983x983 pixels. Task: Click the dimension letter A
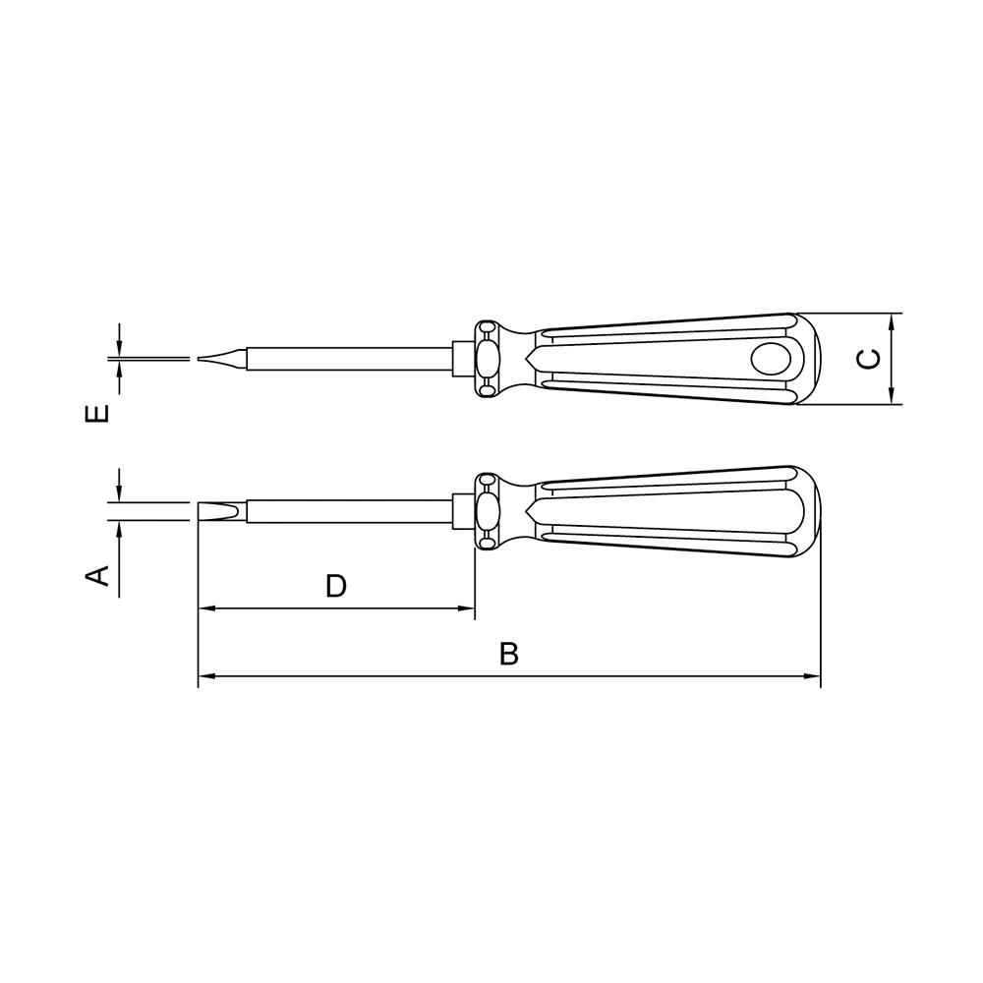pyautogui.click(x=96, y=575)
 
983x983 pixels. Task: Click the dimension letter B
pyautogui.click(x=509, y=654)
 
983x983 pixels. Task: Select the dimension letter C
pyautogui.click(x=868, y=359)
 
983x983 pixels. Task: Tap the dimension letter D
pyautogui.click(x=336, y=586)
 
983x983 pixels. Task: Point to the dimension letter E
pyautogui.click(x=96, y=413)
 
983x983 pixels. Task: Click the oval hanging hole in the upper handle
pyautogui.click(x=771, y=359)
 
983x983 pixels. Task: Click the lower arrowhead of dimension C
pyautogui.click(x=891, y=395)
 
